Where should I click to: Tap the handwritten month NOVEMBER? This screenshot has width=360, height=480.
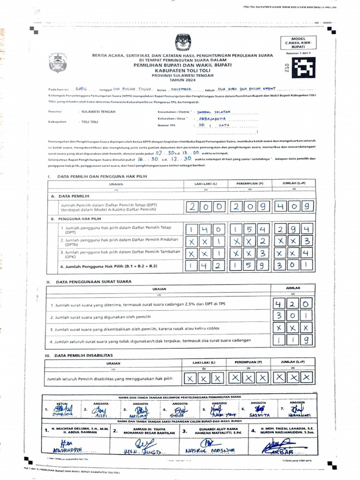coord(180,89)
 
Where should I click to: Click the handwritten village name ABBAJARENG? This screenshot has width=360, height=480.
coord(212,119)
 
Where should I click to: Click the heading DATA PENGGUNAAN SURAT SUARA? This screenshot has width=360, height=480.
coord(94,282)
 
